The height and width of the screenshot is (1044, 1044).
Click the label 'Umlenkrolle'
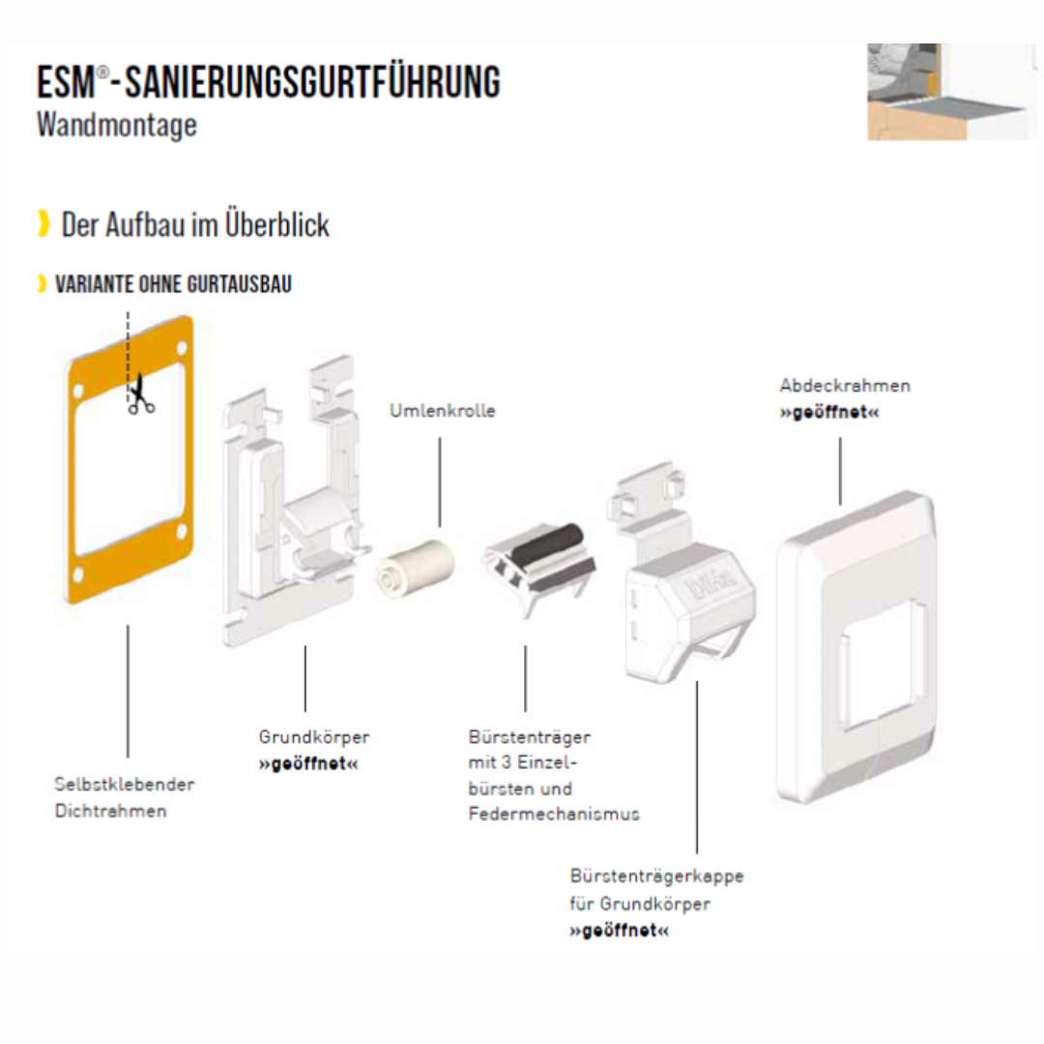tap(442, 411)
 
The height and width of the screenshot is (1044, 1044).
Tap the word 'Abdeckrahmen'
tap(845, 386)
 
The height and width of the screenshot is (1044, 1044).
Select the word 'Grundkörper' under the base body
tap(313, 738)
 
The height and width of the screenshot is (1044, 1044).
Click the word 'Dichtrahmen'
tap(110, 811)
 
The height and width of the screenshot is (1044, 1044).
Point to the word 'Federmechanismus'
tap(553, 814)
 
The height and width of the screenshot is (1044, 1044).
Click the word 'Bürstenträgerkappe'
tap(656, 877)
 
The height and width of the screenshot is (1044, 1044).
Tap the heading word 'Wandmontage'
tap(116, 126)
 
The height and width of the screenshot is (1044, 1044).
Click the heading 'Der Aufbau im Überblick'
tap(195, 225)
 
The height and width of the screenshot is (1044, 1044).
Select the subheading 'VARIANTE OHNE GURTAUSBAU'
tap(173, 284)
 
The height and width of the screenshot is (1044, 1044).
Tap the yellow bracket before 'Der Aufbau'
tap(43, 224)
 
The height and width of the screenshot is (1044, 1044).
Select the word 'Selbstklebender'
tap(124, 784)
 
